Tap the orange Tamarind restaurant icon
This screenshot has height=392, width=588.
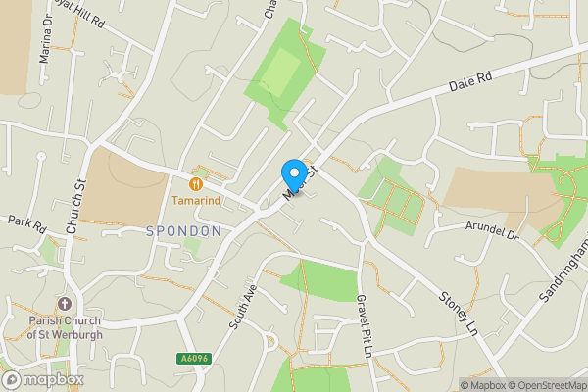196,182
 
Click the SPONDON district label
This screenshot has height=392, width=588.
183,231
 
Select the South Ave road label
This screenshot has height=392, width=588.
240,307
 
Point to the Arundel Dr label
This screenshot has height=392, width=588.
491,232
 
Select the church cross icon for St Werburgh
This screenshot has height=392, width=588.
65,305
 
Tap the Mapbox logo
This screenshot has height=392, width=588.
43,379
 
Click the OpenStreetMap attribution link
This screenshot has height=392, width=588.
548,385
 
